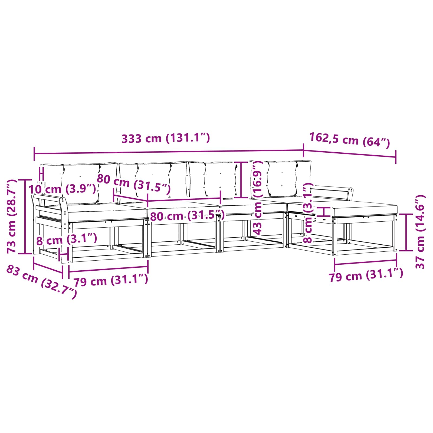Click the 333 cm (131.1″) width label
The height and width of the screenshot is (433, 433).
point(166,138)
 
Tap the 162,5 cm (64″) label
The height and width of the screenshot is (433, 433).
point(350,140)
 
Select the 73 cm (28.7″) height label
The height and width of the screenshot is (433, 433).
point(12,216)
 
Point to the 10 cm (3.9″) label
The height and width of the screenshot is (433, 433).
point(63,189)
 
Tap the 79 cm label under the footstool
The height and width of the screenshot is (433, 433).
point(366,275)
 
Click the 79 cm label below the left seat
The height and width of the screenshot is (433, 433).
point(111,280)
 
